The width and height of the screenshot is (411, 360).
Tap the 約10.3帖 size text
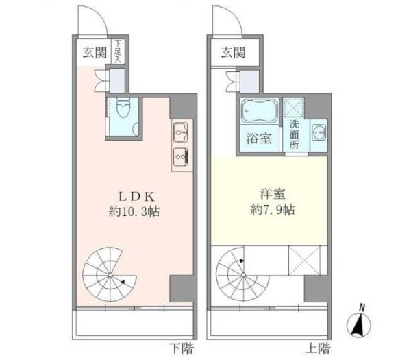[x=134, y=210]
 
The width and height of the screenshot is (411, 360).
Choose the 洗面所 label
[x=295, y=134]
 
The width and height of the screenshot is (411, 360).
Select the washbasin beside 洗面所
[x=318, y=134]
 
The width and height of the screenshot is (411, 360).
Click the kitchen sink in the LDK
[x=181, y=131]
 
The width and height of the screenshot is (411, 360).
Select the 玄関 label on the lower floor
[x=94, y=53]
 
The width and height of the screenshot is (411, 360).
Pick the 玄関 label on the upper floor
[x=233, y=53]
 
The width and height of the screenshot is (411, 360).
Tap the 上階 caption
[x=319, y=348]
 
